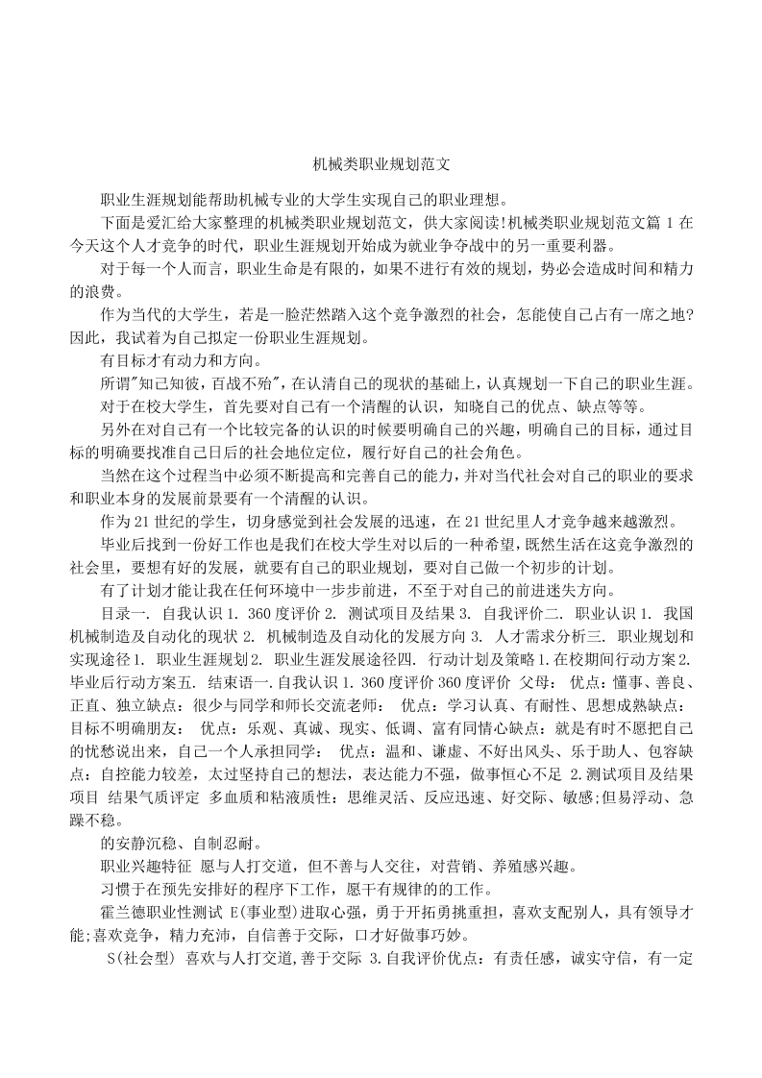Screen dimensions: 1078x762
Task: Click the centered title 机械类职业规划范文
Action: (x=381, y=164)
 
